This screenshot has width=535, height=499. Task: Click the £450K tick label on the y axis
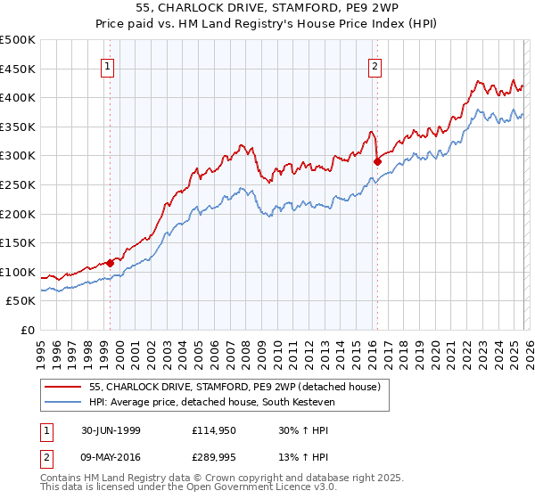pyautogui.click(x=18, y=69)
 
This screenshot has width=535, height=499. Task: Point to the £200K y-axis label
pyautogui.click(x=18, y=214)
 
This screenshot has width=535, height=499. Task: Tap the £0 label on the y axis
pyautogui.click(x=27, y=331)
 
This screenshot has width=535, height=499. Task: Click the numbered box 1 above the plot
pyautogui.click(x=108, y=65)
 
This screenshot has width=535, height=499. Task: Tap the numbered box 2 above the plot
pyautogui.click(x=375, y=65)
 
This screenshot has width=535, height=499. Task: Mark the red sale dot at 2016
pyautogui.click(x=377, y=162)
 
